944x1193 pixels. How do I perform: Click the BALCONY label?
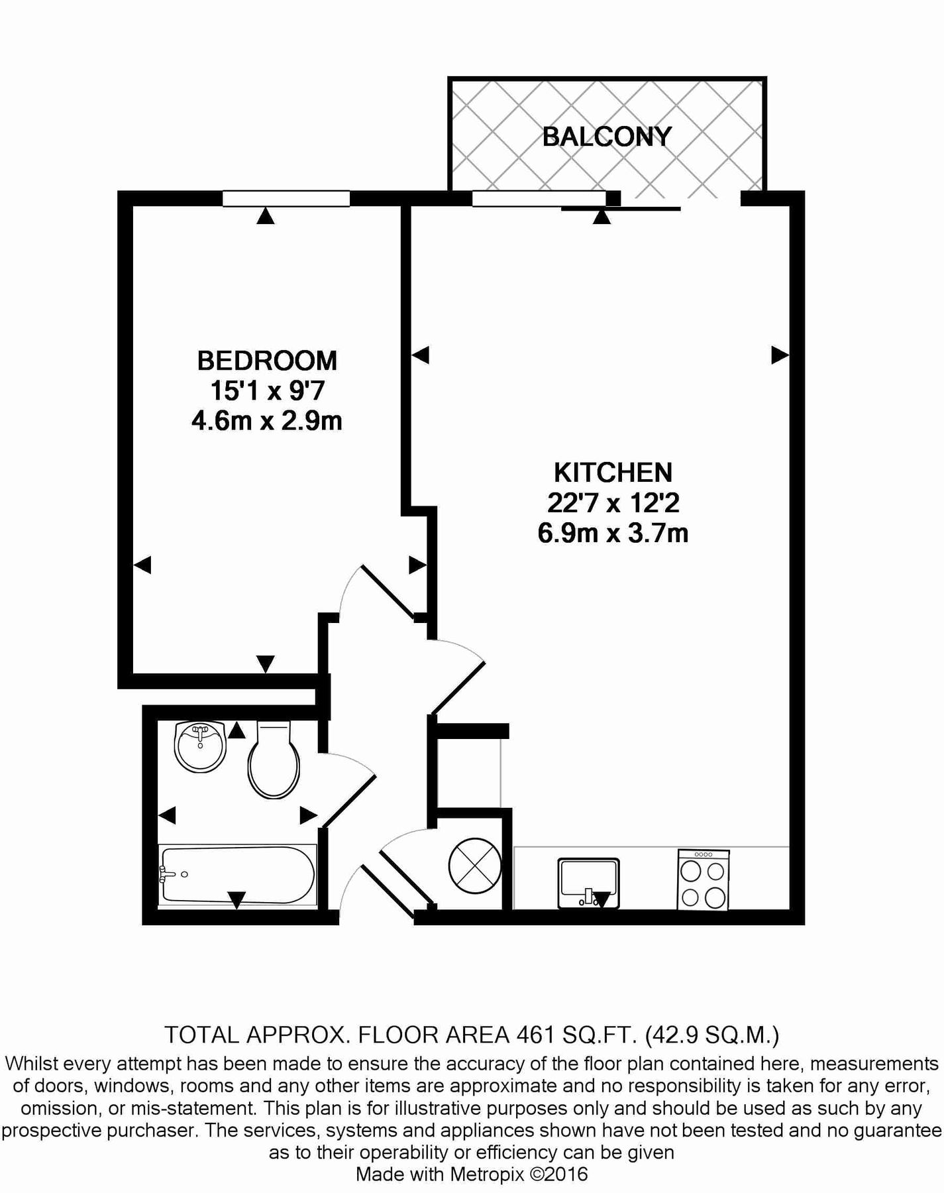tap(607, 137)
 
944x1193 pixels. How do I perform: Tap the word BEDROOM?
tap(267, 361)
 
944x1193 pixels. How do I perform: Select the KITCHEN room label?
tap(613, 473)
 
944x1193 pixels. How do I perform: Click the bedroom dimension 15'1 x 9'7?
tap(267, 390)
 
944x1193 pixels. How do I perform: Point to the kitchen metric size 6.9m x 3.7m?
tap(613, 533)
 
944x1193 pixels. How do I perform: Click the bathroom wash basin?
tap(200, 747)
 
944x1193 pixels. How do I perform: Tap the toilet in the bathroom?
tap(274, 761)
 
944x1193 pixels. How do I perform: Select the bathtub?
tap(237, 875)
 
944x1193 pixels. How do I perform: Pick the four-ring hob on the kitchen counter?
tap(703, 880)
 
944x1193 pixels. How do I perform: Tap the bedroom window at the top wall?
tap(286, 198)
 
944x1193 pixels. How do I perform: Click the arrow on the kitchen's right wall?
tap(780, 355)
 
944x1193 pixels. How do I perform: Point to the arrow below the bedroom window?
tap(266, 216)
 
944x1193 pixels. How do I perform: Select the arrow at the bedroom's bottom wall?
tap(265, 663)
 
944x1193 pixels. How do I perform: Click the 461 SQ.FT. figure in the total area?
tap(576, 1035)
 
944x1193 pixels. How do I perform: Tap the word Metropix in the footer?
tap(487, 1174)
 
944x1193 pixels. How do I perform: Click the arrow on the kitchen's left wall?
tap(421, 355)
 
